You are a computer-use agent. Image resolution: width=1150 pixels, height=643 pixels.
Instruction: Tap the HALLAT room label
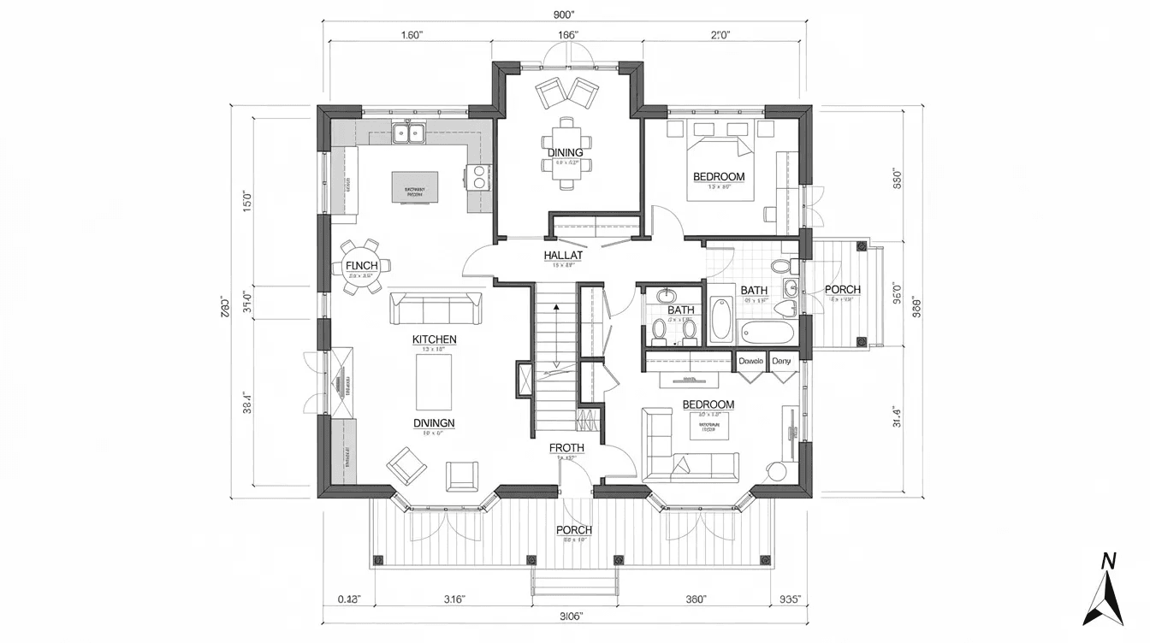[563, 256]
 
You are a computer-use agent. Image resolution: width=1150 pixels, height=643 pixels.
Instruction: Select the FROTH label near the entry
[566, 447]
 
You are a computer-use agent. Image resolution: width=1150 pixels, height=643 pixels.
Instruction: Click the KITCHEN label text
[435, 339]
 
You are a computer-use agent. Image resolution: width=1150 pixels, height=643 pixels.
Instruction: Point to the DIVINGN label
[434, 422]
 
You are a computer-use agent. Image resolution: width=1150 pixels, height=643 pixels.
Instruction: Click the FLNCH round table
[360, 267]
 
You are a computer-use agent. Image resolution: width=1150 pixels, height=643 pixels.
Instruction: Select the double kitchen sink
[409, 133]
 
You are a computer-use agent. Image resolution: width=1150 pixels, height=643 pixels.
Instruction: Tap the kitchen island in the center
[415, 187]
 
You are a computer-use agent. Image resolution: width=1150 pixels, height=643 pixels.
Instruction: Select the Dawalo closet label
[750, 361]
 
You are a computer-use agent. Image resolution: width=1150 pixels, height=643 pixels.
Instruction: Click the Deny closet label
[782, 361]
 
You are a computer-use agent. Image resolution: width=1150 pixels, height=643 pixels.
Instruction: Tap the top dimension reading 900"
[564, 15]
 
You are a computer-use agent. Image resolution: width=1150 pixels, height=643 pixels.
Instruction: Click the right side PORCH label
[842, 290]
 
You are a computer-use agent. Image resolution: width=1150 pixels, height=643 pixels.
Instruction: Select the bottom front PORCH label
[573, 530]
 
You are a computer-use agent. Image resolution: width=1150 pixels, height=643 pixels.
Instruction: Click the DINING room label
[566, 152]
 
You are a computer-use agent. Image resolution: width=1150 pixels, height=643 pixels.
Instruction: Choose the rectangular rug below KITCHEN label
[434, 381]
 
